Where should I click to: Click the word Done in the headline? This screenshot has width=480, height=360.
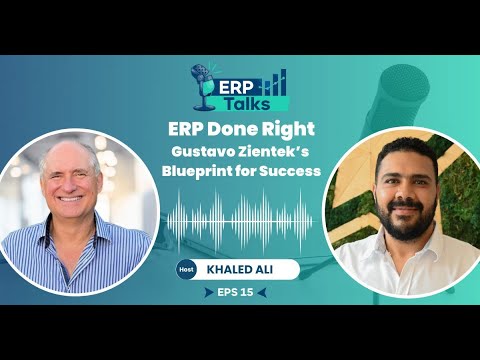234,128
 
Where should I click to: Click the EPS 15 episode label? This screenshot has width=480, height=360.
241,295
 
